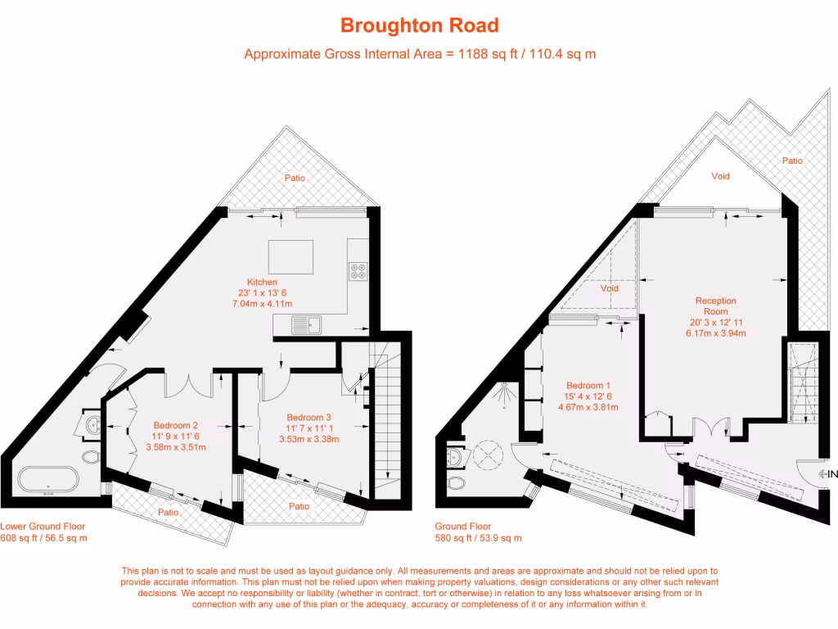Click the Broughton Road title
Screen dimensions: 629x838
tap(419, 25)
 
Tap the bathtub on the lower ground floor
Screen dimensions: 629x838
tap(47, 481)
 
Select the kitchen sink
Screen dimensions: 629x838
tap(306, 325)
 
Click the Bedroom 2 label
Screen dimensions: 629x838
tap(176, 425)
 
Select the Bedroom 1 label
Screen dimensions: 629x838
tap(588, 386)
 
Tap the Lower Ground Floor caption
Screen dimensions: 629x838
tap(43, 527)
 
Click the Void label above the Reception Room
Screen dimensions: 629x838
tap(720, 176)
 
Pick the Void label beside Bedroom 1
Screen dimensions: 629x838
tap(609, 288)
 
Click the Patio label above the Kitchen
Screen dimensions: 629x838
tap(295, 178)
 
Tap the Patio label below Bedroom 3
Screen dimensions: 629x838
tap(300, 506)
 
